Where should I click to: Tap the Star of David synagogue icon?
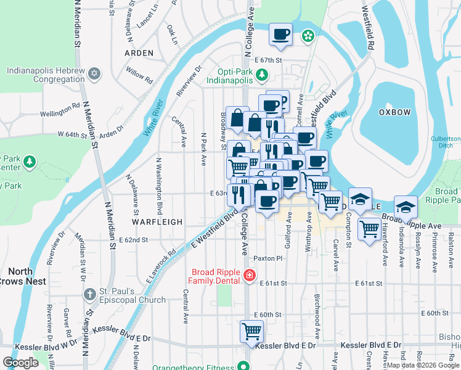coord(94,74)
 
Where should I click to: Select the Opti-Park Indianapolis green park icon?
coord(261,75)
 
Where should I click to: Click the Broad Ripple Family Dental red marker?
coord(250,275)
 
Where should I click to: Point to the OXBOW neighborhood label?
coord(395,112)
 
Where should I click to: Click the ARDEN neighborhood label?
coord(139,53)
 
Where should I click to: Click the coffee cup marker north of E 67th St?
coord(280,35)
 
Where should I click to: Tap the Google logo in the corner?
coord(20,363)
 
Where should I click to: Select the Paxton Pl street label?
coord(267,258)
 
